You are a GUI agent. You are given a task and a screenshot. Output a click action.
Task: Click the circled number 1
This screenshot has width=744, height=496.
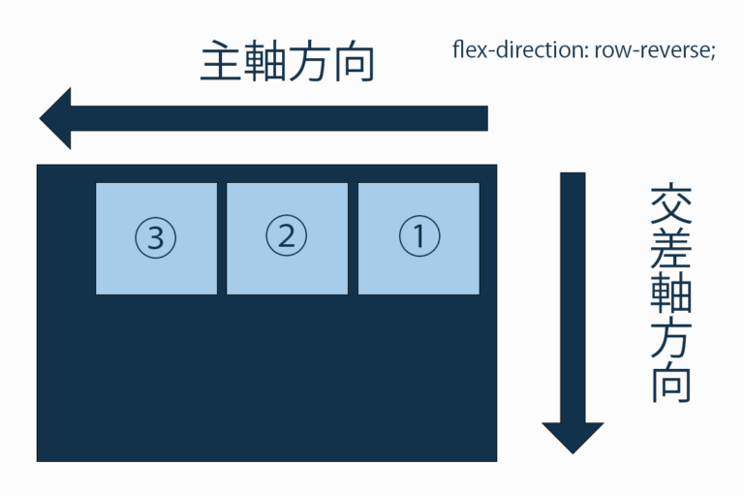[x=419, y=236]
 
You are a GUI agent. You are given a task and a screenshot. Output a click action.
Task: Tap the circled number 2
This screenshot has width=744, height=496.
[x=287, y=235]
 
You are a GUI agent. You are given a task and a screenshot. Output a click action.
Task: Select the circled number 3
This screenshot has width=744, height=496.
[x=156, y=237]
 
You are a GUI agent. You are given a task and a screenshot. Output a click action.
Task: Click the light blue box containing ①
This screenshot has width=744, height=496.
[x=418, y=238]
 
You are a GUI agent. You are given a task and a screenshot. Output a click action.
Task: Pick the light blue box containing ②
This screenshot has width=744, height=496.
[x=287, y=238]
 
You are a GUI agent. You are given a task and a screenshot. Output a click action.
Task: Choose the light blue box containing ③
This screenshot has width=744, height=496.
[x=157, y=238]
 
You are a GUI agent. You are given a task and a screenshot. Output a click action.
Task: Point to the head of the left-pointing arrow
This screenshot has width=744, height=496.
[x=41, y=118]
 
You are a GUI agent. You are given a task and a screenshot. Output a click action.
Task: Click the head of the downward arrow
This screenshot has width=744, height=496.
[x=573, y=452]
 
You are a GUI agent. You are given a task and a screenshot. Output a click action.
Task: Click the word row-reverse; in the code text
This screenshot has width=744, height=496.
[x=655, y=50]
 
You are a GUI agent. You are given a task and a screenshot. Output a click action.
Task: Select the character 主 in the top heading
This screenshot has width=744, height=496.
[x=220, y=61]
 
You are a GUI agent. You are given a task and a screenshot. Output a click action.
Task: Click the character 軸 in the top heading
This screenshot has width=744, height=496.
[x=263, y=61]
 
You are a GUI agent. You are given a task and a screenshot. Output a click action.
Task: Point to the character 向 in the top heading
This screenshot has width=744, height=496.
[x=355, y=62]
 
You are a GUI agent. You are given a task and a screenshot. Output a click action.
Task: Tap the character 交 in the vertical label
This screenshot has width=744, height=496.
[x=670, y=205]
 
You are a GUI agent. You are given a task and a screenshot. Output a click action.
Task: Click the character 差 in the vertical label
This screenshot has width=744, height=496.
[x=670, y=249]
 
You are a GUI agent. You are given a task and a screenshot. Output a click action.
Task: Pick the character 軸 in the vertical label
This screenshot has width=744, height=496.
[x=670, y=294]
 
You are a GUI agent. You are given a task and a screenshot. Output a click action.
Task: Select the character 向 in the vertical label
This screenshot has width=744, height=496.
[x=670, y=385]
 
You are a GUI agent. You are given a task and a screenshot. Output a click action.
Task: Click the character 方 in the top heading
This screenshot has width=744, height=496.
[x=308, y=62]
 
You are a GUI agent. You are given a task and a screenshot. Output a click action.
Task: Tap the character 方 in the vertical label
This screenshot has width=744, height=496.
[x=670, y=339]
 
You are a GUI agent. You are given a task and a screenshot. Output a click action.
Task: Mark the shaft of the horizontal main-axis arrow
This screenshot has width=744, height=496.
[x=279, y=118]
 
